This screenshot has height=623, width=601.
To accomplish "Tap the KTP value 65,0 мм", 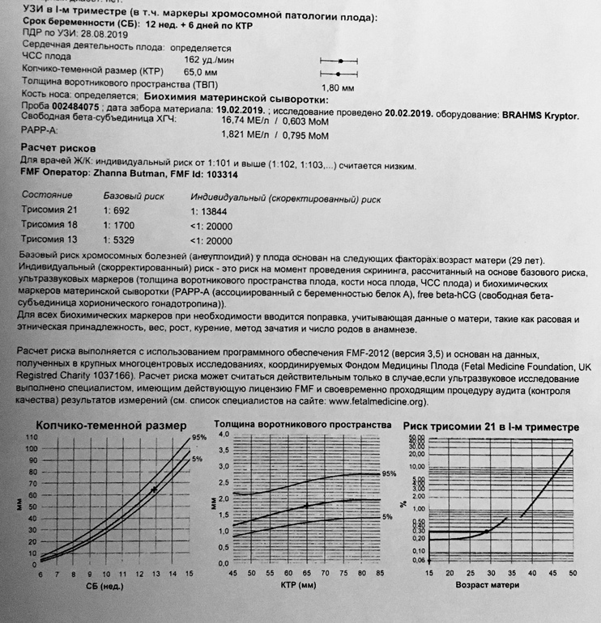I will [x=200, y=72].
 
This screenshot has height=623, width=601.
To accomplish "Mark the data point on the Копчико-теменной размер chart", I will [x=155, y=490].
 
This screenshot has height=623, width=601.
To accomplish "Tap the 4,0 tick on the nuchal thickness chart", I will [x=223, y=435].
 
